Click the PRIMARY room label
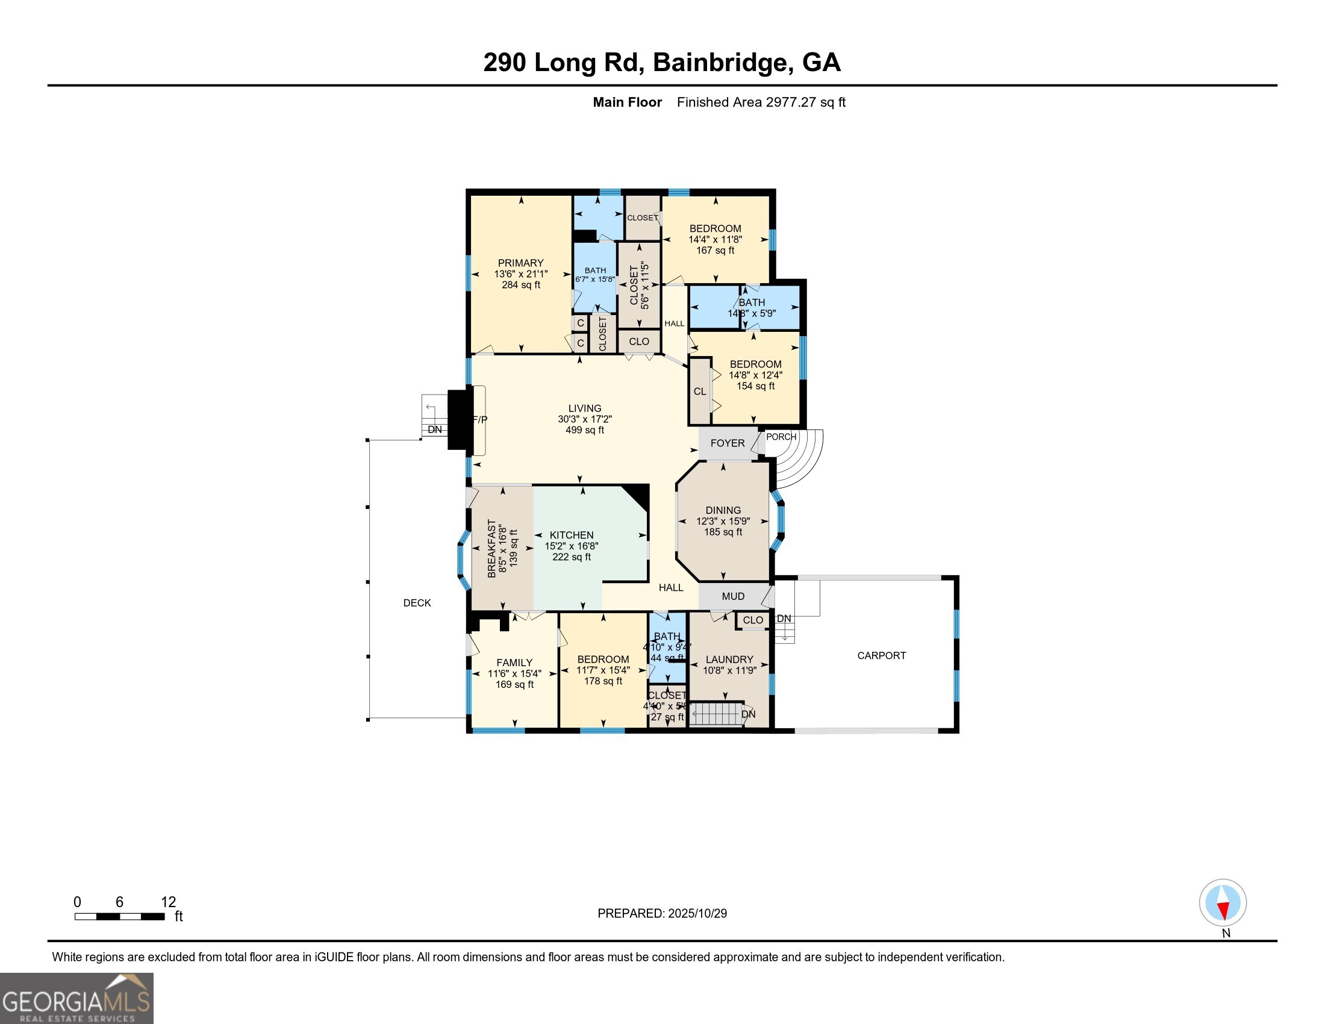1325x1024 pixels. [x=520, y=263]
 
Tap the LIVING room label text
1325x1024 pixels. [x=584, y=408]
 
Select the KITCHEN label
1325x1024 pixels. [x=571, y=535]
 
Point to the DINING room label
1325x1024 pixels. [x=723, y=510]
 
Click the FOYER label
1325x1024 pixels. [x=727, y=443]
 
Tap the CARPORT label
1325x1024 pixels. [x=881, y=655]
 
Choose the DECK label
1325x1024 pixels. [x=417, y=602]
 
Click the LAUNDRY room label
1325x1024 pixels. [x=729, y=660]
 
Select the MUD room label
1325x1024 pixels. [x=733, y=596]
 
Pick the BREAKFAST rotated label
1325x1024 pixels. [x=491, y=548]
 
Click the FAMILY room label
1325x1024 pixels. [x=514, y=663]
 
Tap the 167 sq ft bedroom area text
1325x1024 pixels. [x=715, y=250]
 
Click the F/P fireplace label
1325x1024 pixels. [x=479, y=419]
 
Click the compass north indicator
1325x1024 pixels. [x=1223, y=903]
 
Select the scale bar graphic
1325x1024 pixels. [x=119, y=916]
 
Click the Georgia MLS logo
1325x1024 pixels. [x=76, y=999]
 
